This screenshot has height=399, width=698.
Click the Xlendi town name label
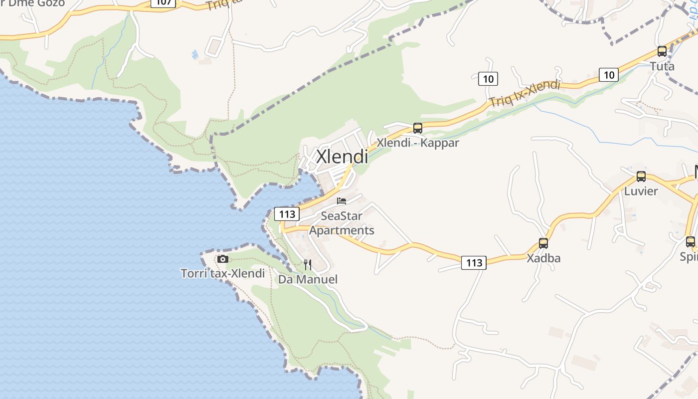pos(342,157)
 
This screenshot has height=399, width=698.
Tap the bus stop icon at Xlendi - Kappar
pos(418,128)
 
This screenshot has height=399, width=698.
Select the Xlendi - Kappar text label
pos(418,143)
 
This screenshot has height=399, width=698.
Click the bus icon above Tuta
pos(662,51)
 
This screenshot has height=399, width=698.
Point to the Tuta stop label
pos(662,66)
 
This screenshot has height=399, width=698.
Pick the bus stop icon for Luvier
pos(641,177)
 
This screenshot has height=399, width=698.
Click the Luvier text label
pos(641,191)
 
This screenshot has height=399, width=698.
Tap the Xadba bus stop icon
pos(543,243)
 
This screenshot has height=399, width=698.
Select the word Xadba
pos(543,258)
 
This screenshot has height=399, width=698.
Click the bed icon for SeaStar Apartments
pos(342,201)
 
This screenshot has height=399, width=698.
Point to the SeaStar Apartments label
pos(342,223)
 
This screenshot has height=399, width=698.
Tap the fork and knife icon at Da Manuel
pos(308,264)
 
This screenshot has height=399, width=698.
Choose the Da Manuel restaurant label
pos(308,279)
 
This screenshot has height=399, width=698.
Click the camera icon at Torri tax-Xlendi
pos(223,259)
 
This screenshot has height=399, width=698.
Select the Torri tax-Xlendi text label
pos(223,273)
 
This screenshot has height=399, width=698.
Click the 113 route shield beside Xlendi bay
pos(287,214)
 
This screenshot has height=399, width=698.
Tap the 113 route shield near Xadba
pos(473,262)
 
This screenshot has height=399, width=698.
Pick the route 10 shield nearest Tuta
pos(609,75)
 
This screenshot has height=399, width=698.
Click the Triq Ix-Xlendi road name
pos(524,94)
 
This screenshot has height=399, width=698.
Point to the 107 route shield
pos(164,2)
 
